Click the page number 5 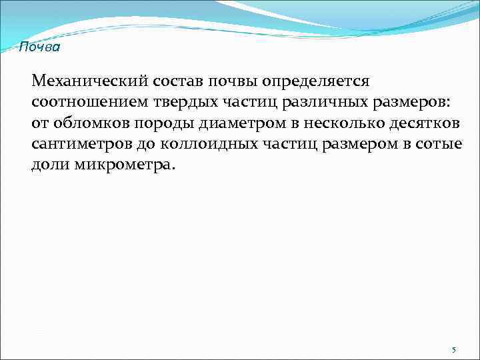click(x=454, y=349)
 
